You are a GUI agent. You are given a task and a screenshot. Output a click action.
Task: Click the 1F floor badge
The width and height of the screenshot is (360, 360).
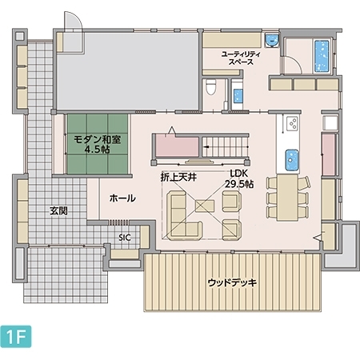16,337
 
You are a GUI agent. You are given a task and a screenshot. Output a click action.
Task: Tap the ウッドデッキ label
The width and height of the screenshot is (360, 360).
232,282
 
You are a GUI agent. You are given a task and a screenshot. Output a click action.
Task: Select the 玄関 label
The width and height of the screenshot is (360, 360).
58,211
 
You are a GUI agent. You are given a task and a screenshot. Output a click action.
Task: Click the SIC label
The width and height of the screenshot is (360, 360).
125,238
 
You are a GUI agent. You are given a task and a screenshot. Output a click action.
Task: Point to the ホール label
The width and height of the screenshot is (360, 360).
122,198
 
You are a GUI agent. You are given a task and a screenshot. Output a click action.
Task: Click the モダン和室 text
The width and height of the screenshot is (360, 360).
98,139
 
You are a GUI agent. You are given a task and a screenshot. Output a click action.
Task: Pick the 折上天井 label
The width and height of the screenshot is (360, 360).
178,177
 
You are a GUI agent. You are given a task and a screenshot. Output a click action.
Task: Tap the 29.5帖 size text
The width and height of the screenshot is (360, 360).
239,184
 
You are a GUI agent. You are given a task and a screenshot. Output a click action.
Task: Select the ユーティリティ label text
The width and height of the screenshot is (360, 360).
241,54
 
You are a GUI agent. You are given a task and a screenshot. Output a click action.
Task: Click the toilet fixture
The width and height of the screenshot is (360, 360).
211,86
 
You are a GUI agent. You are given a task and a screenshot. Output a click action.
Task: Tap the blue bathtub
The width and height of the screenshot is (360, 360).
322,56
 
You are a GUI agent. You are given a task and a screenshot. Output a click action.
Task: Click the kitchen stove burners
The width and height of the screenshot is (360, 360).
292,124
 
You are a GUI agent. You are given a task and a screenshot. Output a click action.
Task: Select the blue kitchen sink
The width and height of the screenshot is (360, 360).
292,160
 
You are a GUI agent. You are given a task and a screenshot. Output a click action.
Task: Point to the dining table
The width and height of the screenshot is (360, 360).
287,198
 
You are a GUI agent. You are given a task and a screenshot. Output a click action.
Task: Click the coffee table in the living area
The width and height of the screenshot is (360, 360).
205,206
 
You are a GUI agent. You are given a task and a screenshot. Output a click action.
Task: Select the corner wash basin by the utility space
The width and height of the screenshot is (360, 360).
272,41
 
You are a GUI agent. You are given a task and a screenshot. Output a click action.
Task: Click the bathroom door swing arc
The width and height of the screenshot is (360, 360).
294,63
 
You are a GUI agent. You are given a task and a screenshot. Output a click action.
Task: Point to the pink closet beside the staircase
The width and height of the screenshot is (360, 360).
177,146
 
